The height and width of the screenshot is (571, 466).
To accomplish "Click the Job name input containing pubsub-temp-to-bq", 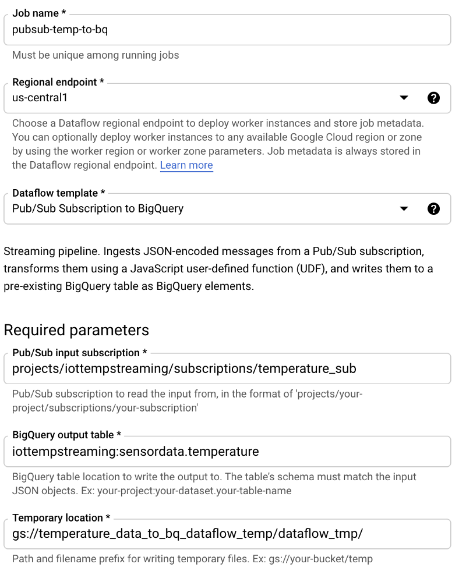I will (x=227, y=30).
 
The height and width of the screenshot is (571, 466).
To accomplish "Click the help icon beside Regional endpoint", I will (x=433, y=98).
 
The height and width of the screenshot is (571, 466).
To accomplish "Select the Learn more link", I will (x=186, y=165).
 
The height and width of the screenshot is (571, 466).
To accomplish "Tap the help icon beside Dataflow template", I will (x=433, y=209).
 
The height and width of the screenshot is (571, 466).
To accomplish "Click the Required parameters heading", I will (x=76, y=330).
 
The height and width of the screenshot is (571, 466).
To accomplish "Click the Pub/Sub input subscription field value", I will (x=184, y=368).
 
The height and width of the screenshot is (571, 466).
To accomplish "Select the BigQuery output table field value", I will (x=135, y=451).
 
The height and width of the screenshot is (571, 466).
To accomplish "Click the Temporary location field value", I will (x=188, y=534).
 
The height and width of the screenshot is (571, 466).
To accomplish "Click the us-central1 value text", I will (x=40, y=98).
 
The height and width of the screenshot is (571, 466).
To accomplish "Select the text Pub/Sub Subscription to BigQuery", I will (x=98, y=209).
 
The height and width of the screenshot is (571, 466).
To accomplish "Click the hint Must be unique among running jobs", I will (x=96, y=56).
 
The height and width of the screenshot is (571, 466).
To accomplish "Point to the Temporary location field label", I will (x=57, y=517).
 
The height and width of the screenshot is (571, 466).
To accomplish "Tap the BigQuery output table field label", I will (x=67, y=435).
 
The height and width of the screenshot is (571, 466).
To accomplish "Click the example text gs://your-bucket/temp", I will (x=320, y=559).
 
